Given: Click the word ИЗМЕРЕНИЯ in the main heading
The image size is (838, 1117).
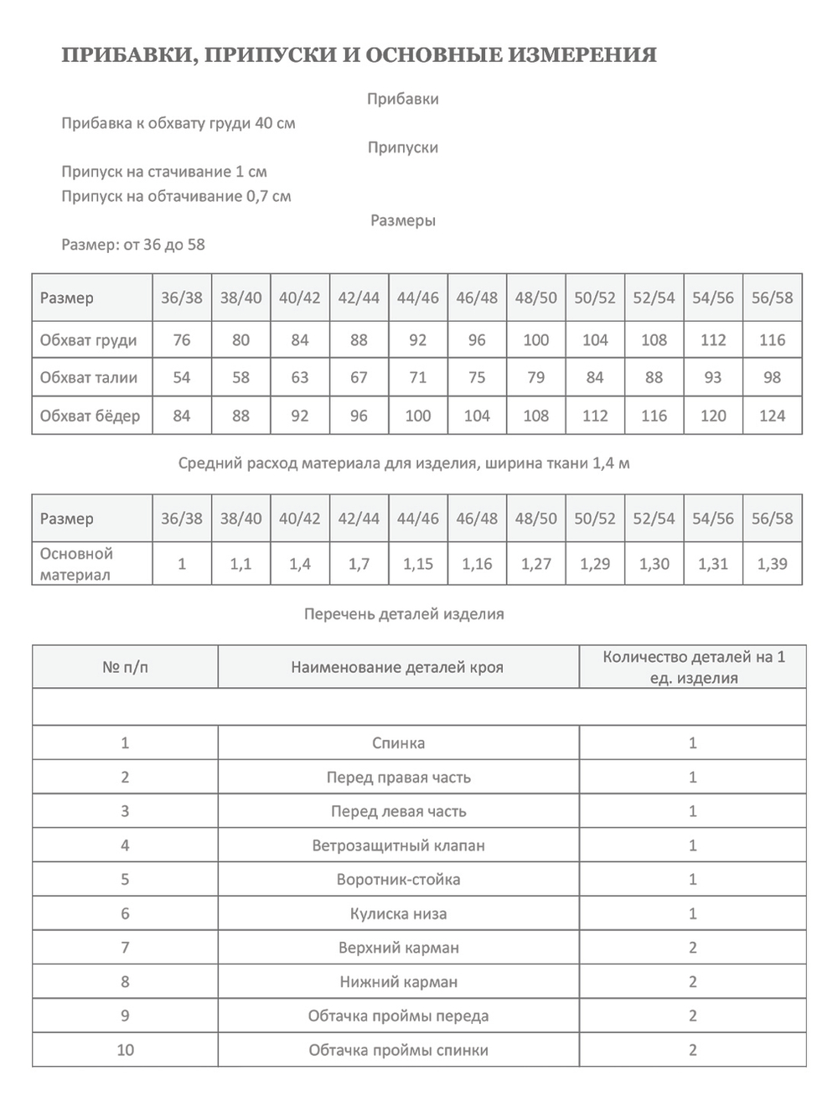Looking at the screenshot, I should click(x=587, y=55).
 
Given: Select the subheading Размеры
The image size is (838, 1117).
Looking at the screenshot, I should click(x=403, y=221).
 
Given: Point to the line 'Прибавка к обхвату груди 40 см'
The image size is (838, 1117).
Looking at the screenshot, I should click(x=178, y=123).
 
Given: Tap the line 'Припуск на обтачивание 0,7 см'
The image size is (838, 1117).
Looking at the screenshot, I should click(x=176, y=197).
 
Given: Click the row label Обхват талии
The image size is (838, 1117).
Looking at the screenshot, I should click(x=89, y=378).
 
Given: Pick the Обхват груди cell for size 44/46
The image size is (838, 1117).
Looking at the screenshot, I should click(x=418, y=340).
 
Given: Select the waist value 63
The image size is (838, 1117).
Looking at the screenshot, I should click(x=300, y=378).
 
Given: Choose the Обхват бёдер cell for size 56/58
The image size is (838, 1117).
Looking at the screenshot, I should click(x=772, y=416).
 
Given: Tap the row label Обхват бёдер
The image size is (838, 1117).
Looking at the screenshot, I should click(x=90, y=416).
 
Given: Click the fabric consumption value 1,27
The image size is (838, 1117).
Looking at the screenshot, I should click(x=536, y=564).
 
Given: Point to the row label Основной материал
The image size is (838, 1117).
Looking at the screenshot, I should click(x=76, y=564).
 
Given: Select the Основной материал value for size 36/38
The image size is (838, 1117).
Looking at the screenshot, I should click(x=182, y=564).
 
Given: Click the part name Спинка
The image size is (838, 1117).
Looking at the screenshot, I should click(x=398, y=743).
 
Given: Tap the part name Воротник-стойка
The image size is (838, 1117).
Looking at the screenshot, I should click(x=398, y=880).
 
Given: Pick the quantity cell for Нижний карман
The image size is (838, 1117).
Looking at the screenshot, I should click(x=692, y=982).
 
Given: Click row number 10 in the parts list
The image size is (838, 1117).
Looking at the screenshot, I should click(x=125, y=1050).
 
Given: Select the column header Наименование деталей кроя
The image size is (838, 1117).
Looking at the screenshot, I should click(x=397, y=668).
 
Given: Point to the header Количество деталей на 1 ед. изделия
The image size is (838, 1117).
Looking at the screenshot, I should click(x=693, y=668).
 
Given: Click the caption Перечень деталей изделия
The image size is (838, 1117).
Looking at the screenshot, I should click(x=404, y=614).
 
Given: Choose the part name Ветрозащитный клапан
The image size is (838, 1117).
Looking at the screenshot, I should click(x=398, y=846).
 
